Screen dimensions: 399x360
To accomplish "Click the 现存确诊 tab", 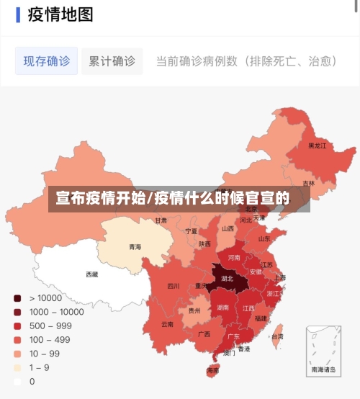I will pyautogui.click(x=47, y=61).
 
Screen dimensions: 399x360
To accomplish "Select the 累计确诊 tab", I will pyautogui.click(x=112, y=61).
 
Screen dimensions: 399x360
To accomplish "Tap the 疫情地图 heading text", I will pyautogui.click(x=60, y=14).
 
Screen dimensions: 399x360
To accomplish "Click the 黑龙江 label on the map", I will pyautogui.click(x=317, y=145).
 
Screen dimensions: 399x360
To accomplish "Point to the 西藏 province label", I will pyautogui.click(x=92, y=274).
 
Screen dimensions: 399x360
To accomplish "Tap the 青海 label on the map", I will pyautogui.click(x=135, y=247).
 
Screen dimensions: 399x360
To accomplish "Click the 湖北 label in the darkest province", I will pyautogui.click(x=227, y=278).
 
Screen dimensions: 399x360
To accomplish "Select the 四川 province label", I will pyautogui.click(x=174, y=286).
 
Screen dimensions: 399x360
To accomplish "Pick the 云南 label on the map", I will pyautogui.click(x=167, y=324).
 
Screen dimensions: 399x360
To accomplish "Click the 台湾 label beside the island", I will pyautogui.click(x=276, y=336).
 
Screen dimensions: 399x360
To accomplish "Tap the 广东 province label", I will pyautogui.click(x=233, y=336).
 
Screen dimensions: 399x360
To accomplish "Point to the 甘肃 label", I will pyautogui.click(x=161, y=220).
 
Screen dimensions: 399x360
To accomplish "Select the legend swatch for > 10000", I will pyautogui.click(x=17, y=298).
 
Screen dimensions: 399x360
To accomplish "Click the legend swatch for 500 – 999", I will pyautogui.click(x=17, y=326).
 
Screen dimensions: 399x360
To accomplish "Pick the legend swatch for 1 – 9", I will pyautogui.click(x=17, y=368).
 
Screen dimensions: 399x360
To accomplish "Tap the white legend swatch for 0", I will pyautogui.click(x=17, y=382).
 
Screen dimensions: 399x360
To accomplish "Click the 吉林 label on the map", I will pyautogui.click(x=308, y=184).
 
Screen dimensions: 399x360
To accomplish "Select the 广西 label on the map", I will pyautogui.click(x=204, y=334).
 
